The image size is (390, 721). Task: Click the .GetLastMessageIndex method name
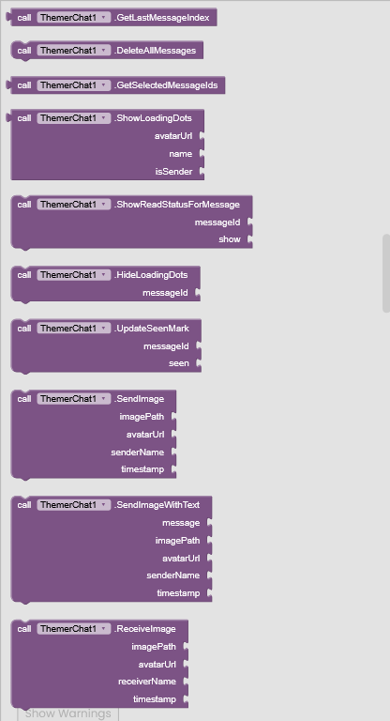(x=161, y=18)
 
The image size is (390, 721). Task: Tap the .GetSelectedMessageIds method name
(x=166, y=85)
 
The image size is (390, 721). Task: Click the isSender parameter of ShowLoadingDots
(x=174, y=172)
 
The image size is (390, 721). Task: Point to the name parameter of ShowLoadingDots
(x=181, y=154)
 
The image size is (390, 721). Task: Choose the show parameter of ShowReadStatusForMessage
(x=230, y=239)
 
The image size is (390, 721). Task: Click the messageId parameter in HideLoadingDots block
(x=165, y=293)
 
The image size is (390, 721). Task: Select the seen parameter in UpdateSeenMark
(x=179, y=363)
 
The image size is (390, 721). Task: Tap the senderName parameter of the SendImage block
(x=138, y=453)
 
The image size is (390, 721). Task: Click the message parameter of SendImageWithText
(x=181, y=523)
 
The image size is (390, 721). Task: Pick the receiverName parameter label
(x=147, y=682)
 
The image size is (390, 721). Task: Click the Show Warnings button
(x=68, y=713)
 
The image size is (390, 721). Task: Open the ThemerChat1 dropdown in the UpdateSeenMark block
(x=74, y=329)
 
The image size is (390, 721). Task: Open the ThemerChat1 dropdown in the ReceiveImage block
(x=74, y=629)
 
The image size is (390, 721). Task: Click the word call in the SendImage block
(x=24, y=399)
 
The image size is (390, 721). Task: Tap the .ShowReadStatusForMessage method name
(x=177, y=205)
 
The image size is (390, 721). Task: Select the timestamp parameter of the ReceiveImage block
(x=155, y=699)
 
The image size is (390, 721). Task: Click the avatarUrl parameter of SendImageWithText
(x=181, y=559)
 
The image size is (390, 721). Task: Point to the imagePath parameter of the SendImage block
(x=142, y=417)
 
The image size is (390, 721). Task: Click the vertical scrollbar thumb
(x=386, y=273)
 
